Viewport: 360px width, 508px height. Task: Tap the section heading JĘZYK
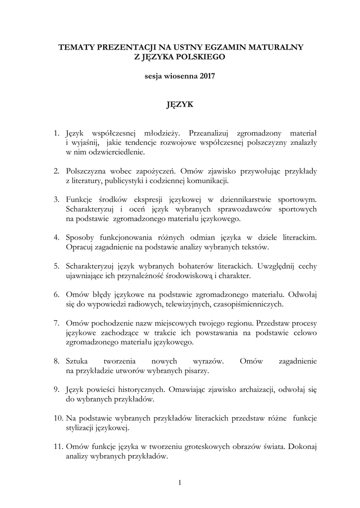pyautogui.click(x=180, y=105)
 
